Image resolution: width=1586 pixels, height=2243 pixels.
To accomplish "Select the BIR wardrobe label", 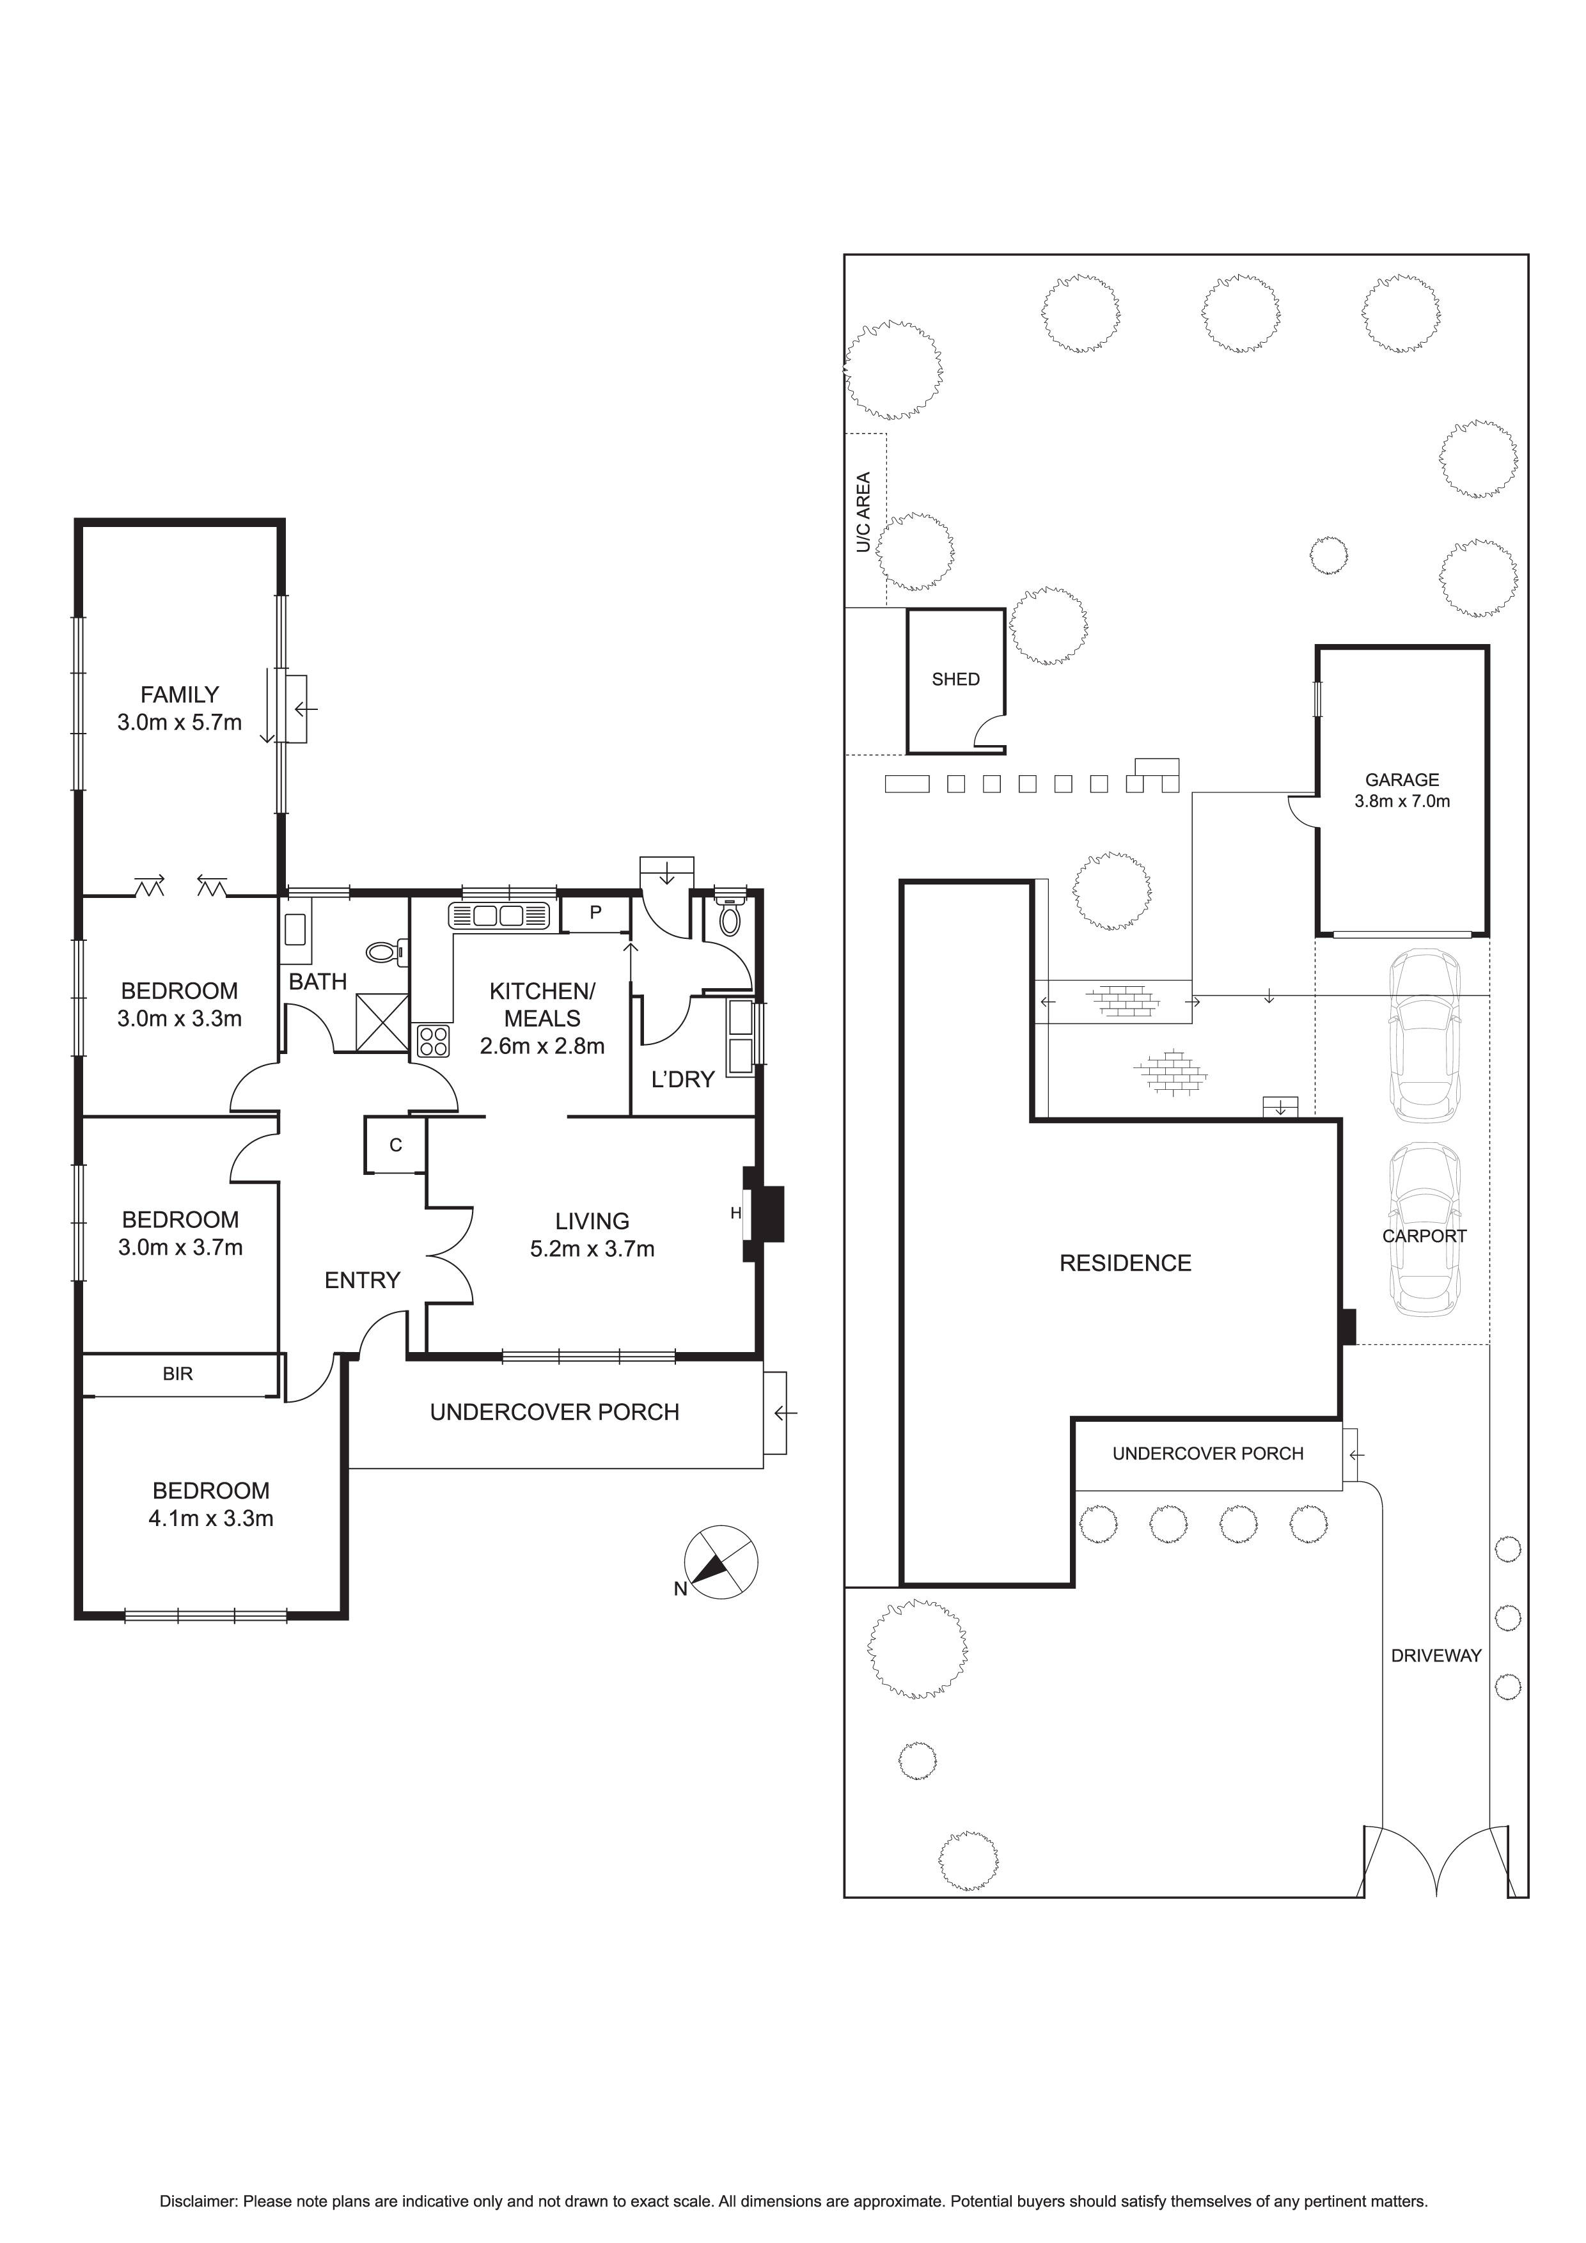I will point(178,1374).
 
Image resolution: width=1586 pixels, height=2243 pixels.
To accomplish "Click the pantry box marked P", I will point(595,913).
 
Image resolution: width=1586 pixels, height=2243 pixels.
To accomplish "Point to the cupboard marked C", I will point(395,1145).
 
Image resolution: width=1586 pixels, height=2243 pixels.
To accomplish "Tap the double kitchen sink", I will point(499,915).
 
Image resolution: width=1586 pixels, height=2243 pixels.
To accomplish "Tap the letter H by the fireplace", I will point(735,1213).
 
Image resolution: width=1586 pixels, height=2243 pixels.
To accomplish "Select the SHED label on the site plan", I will point(955,679).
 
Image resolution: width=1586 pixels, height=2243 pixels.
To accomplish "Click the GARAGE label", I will point(1401,780).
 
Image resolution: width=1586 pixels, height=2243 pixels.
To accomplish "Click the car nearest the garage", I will point(1425,1037).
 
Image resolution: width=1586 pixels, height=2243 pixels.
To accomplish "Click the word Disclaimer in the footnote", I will point(198,2202).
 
